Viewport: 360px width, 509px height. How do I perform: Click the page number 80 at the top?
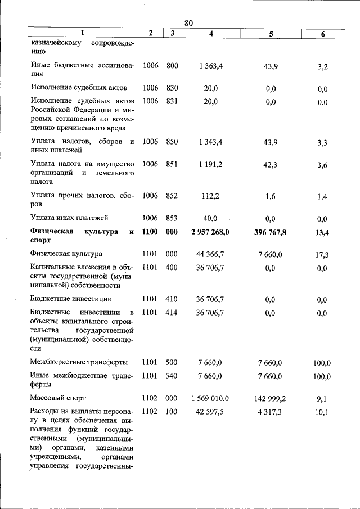tap(188, 23)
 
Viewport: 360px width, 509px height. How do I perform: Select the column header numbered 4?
tap(211, 34)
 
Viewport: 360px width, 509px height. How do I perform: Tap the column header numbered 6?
tap(322, 34)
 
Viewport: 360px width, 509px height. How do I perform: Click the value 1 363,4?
tap(211, 66)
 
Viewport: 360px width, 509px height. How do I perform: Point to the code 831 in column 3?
tap(172, 101)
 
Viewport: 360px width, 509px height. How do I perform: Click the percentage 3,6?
tap(322, 165)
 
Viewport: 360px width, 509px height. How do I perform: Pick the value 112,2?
tap(211, 196)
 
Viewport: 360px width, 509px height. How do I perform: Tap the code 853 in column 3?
tap(172, 218)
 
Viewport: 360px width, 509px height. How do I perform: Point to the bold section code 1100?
tap(150, 232)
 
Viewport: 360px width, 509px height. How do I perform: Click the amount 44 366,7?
tap(211, 254)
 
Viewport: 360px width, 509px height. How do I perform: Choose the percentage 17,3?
tap(322, 255)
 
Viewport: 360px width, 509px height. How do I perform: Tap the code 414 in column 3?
tap(172, 313)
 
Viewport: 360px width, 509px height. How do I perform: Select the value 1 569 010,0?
tap(211, 398)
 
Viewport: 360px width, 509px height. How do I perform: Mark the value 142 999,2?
tap(270, 398)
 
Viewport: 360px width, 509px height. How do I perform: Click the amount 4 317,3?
tap(270, 412)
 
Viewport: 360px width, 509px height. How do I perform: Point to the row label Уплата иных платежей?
tap(69, 218)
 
